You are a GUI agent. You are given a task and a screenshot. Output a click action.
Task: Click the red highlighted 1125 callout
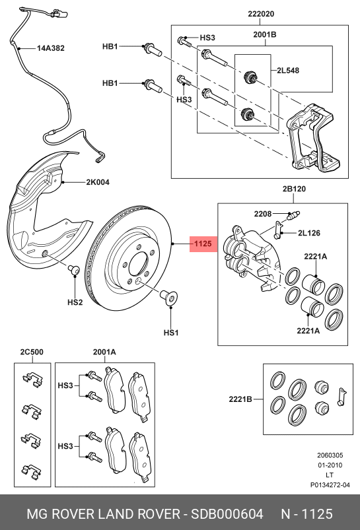(x=202, y=244)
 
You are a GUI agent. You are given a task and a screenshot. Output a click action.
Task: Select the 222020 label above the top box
(x=260, y=13)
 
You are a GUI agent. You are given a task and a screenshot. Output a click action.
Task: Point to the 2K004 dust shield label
(x=97, y=182)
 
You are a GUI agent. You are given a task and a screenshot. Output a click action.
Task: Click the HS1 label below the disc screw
(x=171, y=333)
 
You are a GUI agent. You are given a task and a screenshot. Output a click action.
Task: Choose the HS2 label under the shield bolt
(x=75, y=302)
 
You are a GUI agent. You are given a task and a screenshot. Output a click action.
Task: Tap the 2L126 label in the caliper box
(x=308, y=232)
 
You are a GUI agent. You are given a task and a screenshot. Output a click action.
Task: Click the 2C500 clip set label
(x=32, y=352)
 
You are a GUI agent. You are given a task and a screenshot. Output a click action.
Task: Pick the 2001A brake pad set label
(x=104, y=352)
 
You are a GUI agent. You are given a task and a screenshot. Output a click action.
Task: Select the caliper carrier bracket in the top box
(x=314, y=135)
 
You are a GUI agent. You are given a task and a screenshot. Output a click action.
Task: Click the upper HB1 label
(x=110, y=47)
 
